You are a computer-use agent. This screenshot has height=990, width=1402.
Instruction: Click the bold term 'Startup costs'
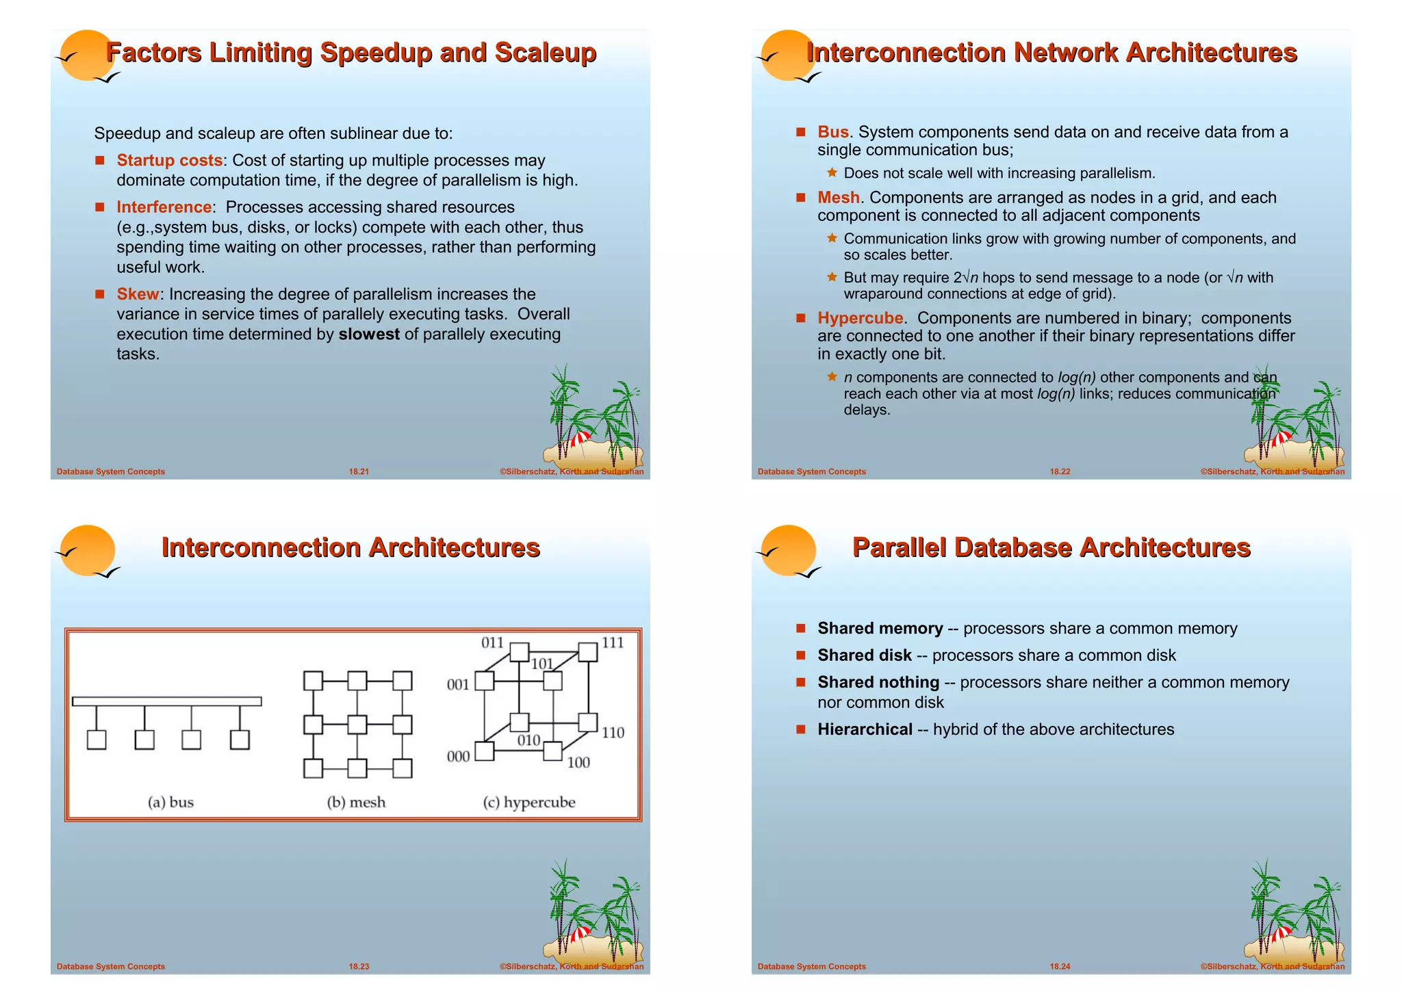tap(169, 160)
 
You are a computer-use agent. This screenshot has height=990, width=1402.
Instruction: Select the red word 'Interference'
tap(164, 207)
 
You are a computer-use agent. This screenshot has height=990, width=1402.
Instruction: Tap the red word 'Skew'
tap(138, 294)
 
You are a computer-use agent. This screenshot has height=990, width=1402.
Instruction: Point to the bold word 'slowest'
tap(369, 334)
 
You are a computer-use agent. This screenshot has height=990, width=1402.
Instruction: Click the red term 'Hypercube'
tap(860, 318)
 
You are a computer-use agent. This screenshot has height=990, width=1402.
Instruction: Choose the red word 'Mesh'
tap(838, 198)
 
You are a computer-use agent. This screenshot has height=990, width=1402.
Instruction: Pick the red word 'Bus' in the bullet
tap(832, 132)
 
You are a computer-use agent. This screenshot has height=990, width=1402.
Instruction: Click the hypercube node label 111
tap(613, 642)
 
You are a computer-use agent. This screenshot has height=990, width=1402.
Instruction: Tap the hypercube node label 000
tap(458, 757)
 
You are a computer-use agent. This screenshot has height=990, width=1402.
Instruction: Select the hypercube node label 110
tap(613, 733)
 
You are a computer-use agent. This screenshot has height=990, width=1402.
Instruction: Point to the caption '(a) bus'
tap(170, 802)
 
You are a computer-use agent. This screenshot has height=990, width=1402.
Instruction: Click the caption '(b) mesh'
tap(356, 802)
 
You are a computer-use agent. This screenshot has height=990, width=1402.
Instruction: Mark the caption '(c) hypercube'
tap(529, 802)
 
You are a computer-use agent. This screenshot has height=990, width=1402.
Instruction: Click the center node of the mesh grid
tap(357, 725)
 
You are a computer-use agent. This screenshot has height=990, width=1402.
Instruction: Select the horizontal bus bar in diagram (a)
tap(166, 701)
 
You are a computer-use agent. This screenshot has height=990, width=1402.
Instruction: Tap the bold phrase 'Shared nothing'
tap(878, 682)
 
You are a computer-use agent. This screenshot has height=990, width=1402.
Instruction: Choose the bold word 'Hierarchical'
tap(865, 729)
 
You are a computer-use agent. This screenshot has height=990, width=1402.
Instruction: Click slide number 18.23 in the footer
tap(359, 967)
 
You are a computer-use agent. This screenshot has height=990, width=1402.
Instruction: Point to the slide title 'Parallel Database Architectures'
tap(1051, 548)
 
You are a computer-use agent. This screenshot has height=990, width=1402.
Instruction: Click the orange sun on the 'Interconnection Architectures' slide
tap(88, 550)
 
